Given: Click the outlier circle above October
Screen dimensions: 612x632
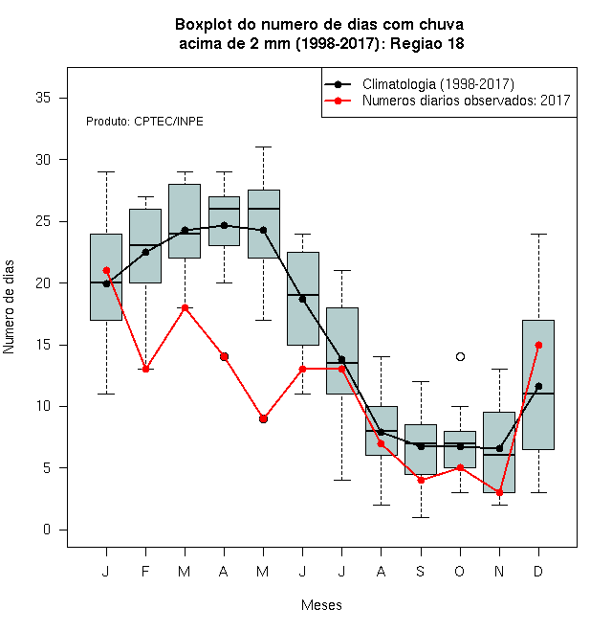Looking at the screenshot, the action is tap(460, 357).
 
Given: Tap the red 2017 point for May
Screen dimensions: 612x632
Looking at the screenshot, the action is tap(263, 418).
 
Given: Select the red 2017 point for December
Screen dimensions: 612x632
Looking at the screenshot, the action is tap(538, 345).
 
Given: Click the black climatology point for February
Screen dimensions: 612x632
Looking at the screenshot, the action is tap(145, 252).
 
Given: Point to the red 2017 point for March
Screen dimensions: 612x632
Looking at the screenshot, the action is tap(185, 308).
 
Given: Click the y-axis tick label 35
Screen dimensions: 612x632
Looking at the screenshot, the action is tap(43, 98).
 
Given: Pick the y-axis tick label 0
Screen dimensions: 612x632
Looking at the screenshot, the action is tap(47, 530).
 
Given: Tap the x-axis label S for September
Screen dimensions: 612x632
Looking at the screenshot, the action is tap(421, 571).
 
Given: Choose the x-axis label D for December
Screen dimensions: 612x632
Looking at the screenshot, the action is tap(538, 571).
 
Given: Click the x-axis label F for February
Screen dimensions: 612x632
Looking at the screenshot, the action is tap(145, 571).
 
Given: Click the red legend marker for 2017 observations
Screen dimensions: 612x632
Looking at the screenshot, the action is tap(338, 101).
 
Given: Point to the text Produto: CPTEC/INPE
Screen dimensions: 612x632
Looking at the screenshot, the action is tap(144, 122).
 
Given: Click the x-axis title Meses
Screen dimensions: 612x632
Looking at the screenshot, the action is tap(321, 605).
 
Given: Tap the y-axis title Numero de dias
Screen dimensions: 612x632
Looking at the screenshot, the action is tap(9, 307).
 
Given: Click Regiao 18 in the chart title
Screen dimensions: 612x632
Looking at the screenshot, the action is tap(426, 43).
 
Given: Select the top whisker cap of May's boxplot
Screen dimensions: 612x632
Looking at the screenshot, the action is tap(263, 147).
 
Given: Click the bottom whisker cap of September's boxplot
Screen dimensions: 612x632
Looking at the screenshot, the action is tap(421, 517).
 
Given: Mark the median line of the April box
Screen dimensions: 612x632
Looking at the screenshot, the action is tap(225, 209).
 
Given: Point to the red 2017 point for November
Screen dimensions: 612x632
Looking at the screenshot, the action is tap(499, 492).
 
